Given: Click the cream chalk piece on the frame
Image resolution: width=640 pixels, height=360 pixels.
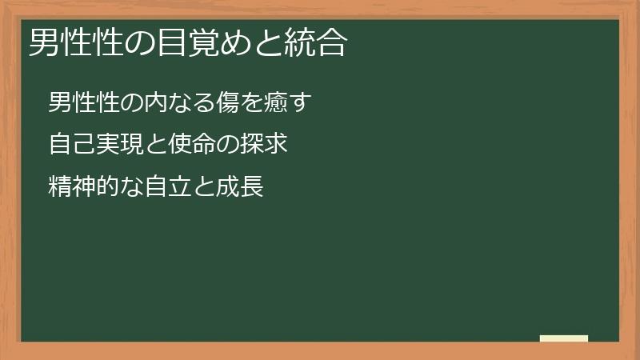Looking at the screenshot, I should (564, 338).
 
